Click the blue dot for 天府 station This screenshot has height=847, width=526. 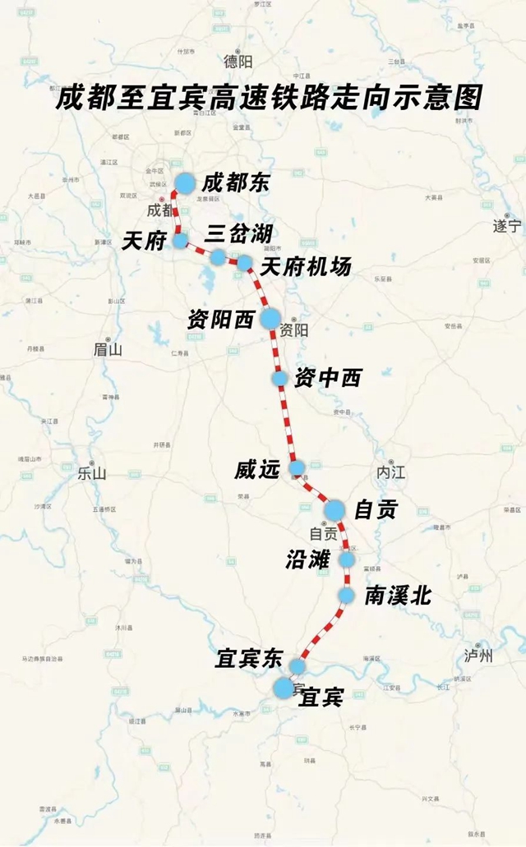[x=180, y=241]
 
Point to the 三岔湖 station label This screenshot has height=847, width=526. [x=238, y=232]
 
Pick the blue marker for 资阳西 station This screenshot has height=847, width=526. [x=270, y=319]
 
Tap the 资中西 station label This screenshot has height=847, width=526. [x=327, y=378]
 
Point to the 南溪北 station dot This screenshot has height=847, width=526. [x=347, y=595]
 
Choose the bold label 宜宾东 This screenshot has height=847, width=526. [x=248, y=658]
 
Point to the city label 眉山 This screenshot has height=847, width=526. [x=107, y=350]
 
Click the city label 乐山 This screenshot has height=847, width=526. [x=91, y=473]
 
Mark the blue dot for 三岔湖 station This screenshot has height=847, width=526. [x=217, y=257]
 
